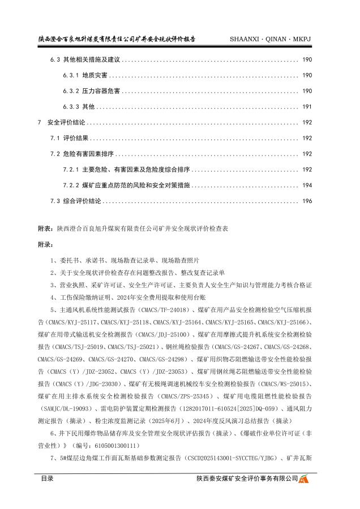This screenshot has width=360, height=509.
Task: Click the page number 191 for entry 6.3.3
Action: click(307, 106)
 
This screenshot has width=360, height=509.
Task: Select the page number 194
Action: click(307, 185)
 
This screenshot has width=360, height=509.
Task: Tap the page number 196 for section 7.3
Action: click(307, 201)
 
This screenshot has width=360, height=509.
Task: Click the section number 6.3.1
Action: click(70, 75)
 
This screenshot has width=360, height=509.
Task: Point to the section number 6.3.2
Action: click(70, 91)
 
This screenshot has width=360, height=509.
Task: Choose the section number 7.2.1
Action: click(70, 169)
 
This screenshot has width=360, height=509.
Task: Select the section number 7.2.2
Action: click(70, 185)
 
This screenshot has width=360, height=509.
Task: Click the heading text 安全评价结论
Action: click(67, 122)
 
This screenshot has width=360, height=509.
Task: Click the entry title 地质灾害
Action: click(94, 75)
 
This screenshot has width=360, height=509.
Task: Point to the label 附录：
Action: click(46, 245)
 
